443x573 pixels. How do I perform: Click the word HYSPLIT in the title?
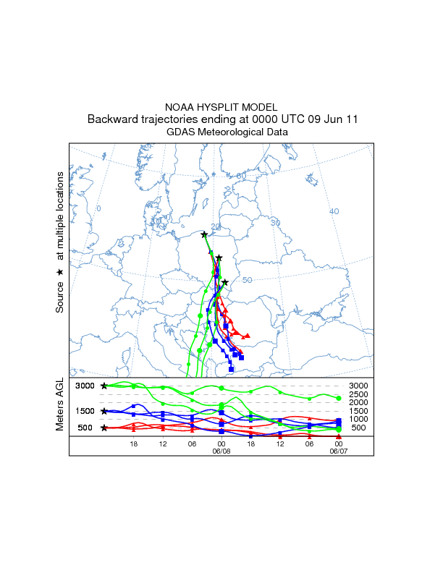[221, 107]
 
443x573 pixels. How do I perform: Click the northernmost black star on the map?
[204, 234]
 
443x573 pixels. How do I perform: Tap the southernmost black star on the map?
[225, 282]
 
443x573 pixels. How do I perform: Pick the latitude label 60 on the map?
[241, 176]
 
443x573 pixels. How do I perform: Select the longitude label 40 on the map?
[334, 211]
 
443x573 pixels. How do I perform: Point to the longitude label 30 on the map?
[275, 223]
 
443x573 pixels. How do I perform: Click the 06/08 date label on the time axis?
[221, 450]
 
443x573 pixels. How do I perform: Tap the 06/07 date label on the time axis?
[338, 450]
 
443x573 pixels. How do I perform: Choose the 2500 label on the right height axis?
[358, 394]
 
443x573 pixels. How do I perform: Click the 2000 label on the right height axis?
[358, 402]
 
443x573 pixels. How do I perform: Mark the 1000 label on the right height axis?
[358, 420]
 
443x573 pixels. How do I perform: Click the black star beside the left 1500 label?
[105, 411]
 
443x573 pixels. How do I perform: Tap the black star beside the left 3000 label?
[105, 386]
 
